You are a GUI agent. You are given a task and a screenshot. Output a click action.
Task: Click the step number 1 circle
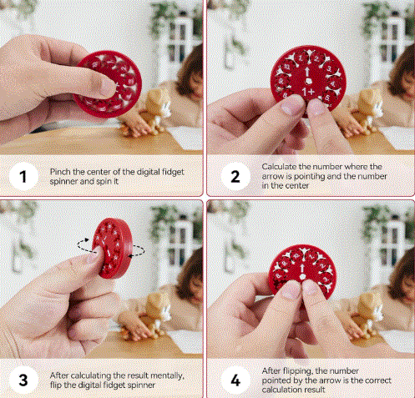(23, 176)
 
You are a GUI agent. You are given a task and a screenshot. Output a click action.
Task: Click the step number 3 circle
(23, 380)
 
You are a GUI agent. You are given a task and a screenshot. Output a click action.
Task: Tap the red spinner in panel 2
(308, 84)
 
